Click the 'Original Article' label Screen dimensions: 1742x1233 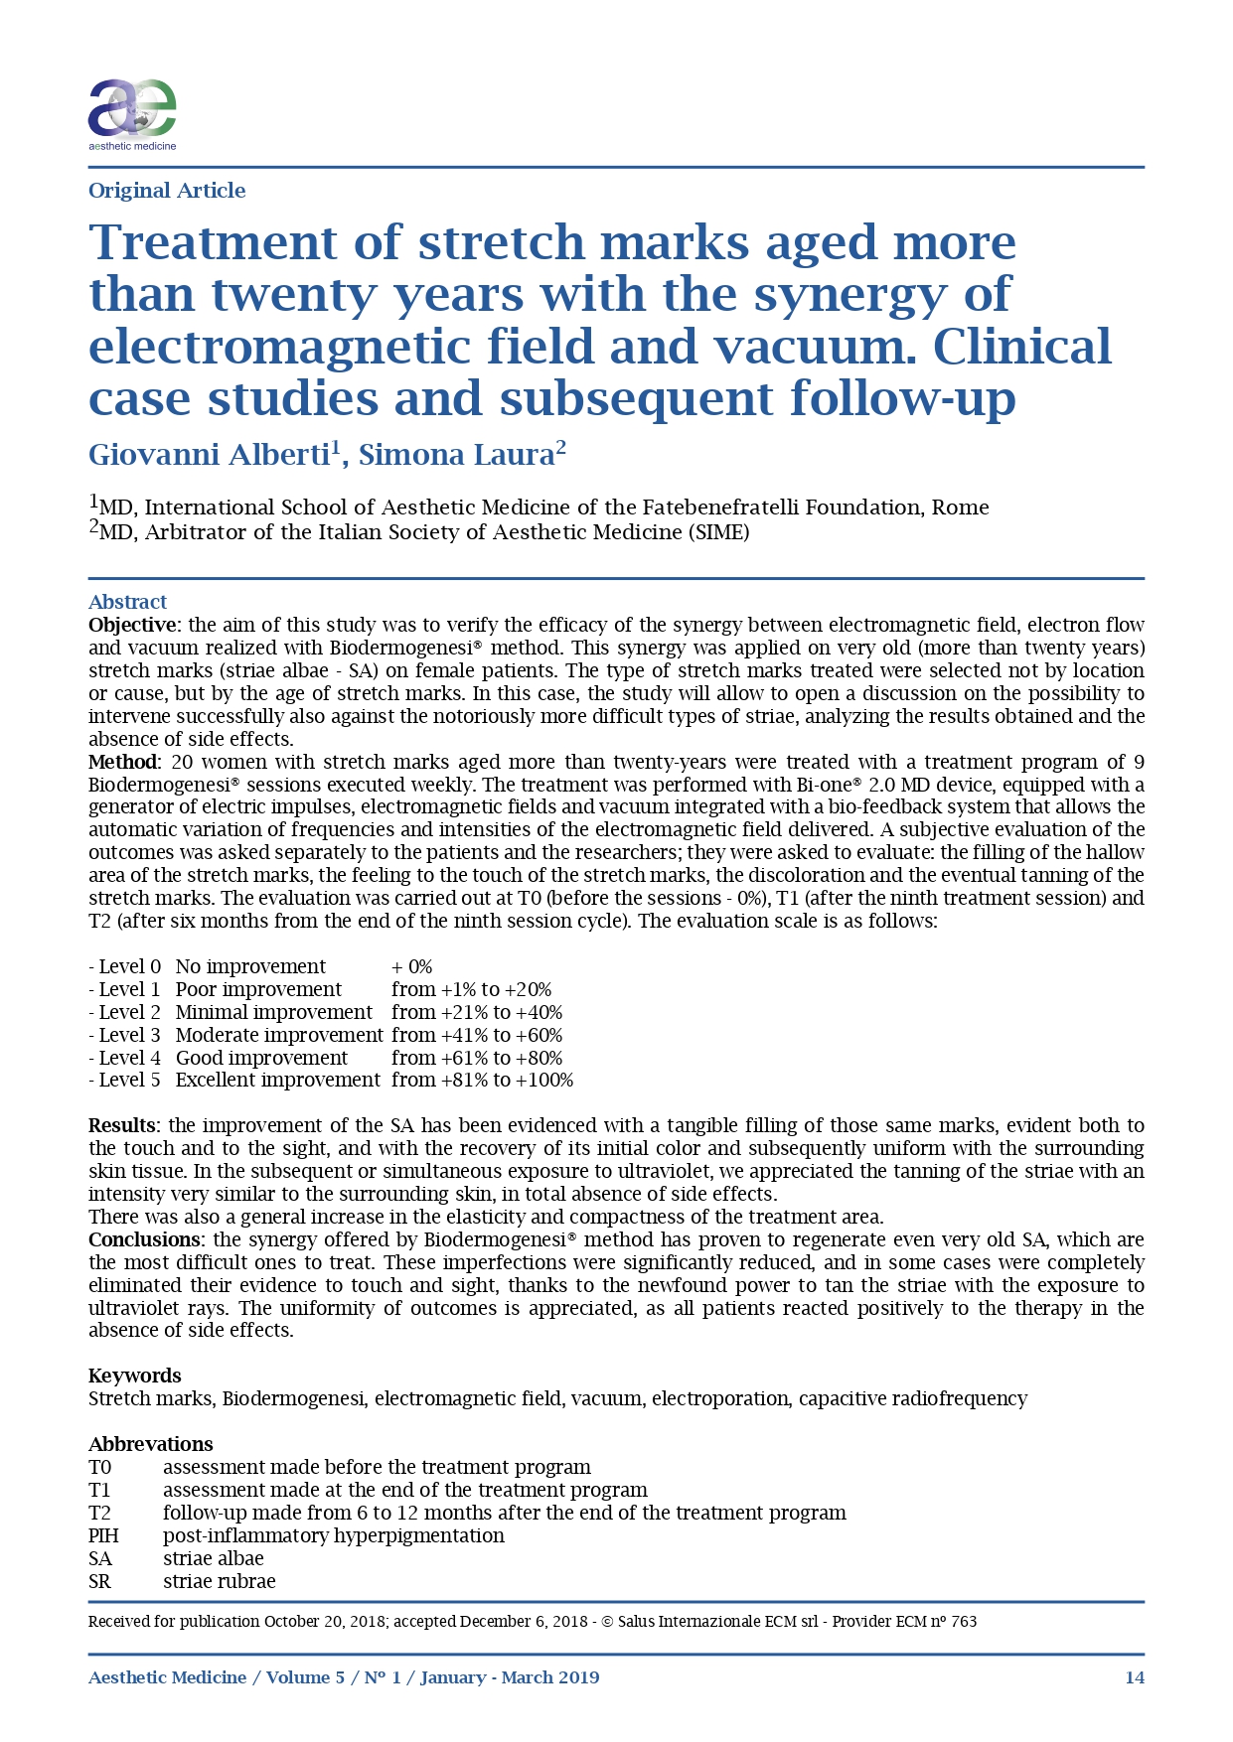(x=167, y=191)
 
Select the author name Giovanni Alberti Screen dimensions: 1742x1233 (x=209, y=455)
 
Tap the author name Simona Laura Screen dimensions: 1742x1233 (x=456, y=455)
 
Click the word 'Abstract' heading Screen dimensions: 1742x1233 (x=127, y=602)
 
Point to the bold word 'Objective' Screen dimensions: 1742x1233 (x=132, y=625)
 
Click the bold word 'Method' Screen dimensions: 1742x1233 (x=123, y=762)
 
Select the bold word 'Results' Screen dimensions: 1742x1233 (x=122, y=1125)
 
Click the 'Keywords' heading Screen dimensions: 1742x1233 (x=135, y=1376)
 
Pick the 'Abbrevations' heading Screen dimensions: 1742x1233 (x=151, y=1444)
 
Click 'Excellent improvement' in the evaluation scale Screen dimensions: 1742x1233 (x=278, y=1080)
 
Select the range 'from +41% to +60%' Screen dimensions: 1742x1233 (x=477, y=1035)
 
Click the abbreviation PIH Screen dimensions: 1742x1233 (x=103, y=1535)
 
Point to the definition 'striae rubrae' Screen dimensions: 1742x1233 (x=220, y=1581)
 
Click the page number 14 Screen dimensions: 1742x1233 (x=1135, y=1677)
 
